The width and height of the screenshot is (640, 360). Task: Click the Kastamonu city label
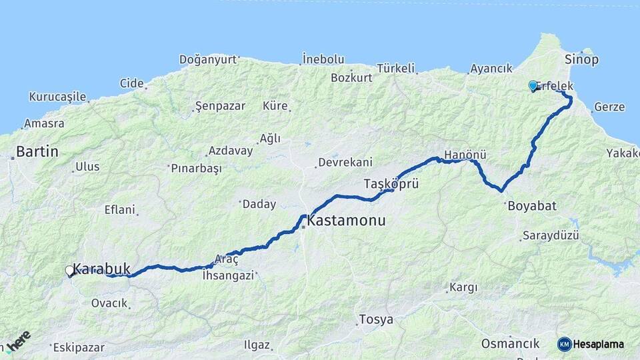point(347,220)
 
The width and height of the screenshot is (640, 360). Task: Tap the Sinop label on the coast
point(581,59)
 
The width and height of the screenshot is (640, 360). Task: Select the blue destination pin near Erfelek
point(533,86)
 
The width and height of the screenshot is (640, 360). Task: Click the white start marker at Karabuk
point(69,271)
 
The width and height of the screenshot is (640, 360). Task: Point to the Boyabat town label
point(532,206)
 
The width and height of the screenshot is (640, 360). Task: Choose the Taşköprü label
point(391,184)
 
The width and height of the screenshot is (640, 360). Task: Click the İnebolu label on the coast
point(323,59)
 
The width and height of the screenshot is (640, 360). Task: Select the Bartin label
point(37,151)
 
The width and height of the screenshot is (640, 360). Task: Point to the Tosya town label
point(375,319)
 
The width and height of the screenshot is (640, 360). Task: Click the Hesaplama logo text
point(598,344)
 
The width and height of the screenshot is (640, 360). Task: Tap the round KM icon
point(565,344)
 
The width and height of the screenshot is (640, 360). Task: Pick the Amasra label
point(44,123)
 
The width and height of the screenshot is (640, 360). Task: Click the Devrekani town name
point(345,162)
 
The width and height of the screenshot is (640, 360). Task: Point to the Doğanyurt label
point(208,59)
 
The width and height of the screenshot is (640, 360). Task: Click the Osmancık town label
point(510,343)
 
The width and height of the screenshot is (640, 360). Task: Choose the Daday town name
point(259,204)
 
